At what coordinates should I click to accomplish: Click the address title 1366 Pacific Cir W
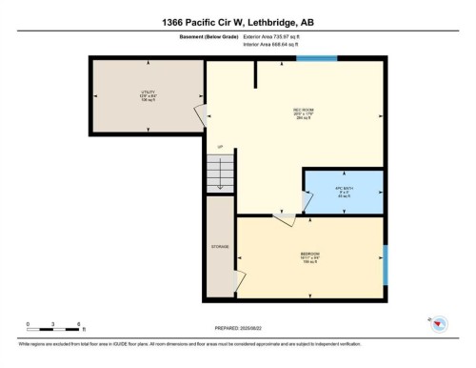tap(237, 20)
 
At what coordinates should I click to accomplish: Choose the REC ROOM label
tap(277, 113)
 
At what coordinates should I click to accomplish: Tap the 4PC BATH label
tap(345, 192)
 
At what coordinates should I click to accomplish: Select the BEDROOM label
tap(309, 256)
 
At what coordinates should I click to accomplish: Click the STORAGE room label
tap(220, 247)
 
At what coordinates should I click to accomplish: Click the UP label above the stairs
tap(220, 147)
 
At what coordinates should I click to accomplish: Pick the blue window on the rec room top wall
tap(309, 59)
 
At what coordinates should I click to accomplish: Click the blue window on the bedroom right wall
tap(385, 264)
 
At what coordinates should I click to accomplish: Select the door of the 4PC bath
tap(307, 200)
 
